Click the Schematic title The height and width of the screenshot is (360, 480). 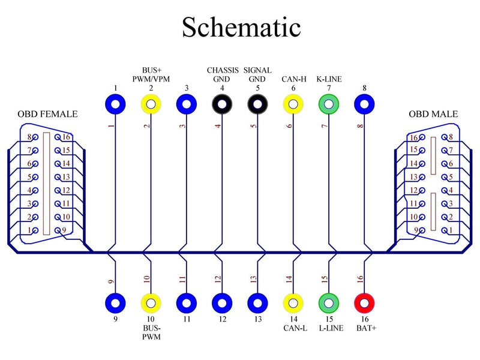click(x=241, y=27)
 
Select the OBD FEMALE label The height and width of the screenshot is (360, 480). click(x=47, y=114)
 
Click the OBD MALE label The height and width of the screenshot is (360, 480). click(x=433, y=114)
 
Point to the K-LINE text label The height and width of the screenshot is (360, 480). click(x=329, y=79)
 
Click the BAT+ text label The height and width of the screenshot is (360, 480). click(x=367, y=328)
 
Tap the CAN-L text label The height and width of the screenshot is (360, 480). click(x=295, y=328)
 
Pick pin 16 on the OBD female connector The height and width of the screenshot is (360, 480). click(x=58, y=137)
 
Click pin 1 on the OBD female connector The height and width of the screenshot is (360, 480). click(x=35, y=230)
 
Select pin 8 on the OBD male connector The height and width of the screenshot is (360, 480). click(x=444, y=137)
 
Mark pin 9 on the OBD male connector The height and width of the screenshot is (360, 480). click(x=422, y=230)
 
